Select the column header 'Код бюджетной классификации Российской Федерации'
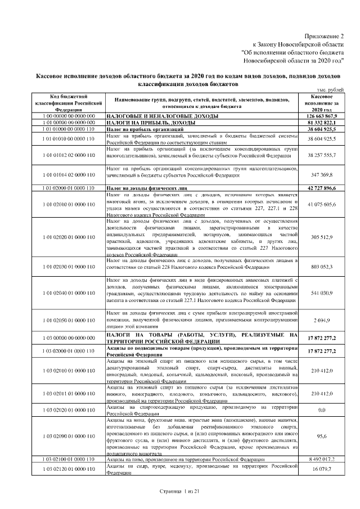67,103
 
